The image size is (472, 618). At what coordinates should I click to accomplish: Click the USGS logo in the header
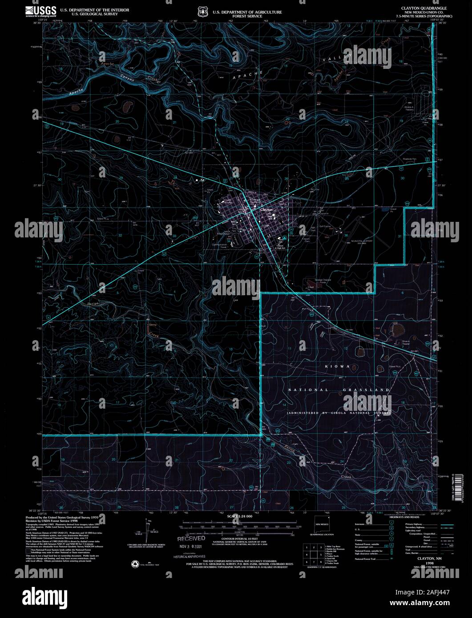pos(40,11)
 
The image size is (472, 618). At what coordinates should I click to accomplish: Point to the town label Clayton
pos(266,209)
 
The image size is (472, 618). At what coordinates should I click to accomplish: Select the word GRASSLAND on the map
pos(367,390)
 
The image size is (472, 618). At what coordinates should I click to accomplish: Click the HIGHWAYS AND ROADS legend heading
pos(403,517)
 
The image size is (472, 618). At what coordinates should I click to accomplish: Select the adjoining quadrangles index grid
pos(313,555)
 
